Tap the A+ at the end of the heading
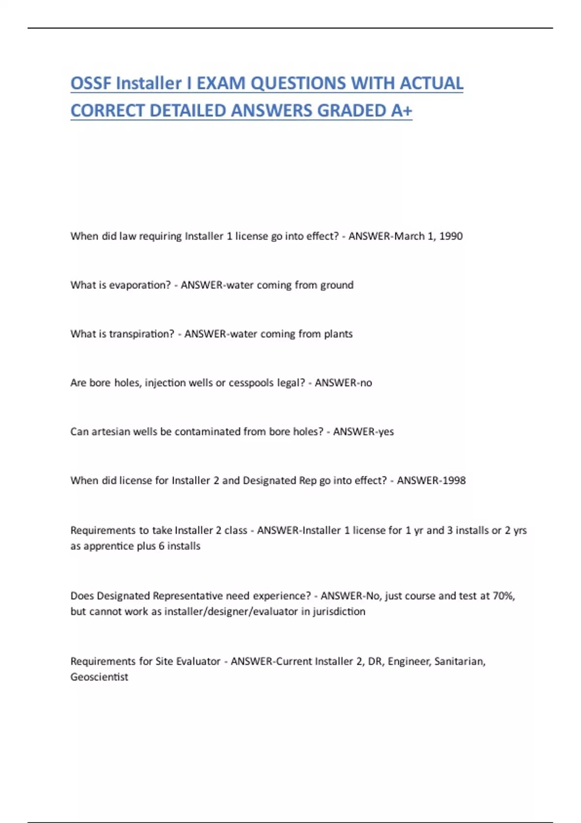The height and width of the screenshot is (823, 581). [x=401, y=111]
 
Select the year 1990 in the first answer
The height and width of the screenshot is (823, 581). [x=451, y=236]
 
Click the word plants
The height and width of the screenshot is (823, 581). [x=339, y=334]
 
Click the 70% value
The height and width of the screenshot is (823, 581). [x=504, y=596]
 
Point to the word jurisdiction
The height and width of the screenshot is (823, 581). [x=339, y=611]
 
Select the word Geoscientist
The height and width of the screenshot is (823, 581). [x=99, y=677]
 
